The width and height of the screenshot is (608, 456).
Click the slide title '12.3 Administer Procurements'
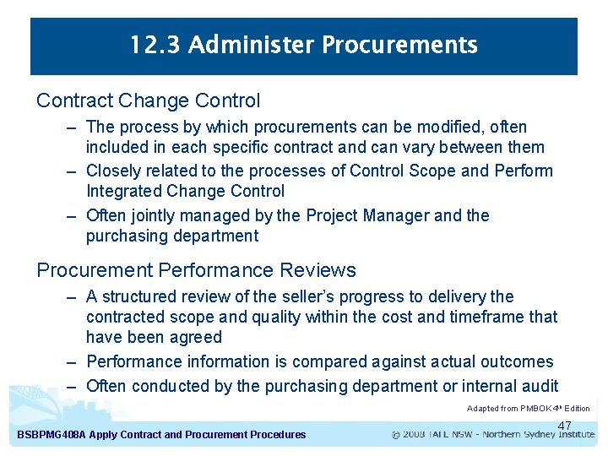(304, 45)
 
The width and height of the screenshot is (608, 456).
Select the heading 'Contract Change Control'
(148, 100)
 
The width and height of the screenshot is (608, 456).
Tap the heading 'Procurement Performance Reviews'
(196, 270)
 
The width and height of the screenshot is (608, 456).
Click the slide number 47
(565, 426)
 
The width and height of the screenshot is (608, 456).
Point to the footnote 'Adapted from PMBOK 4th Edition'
(528, 409)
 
